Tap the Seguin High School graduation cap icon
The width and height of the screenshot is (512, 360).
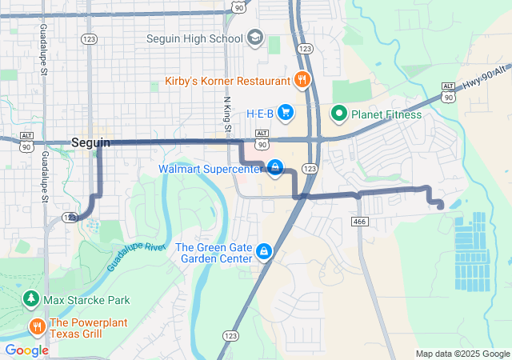click(254, 38)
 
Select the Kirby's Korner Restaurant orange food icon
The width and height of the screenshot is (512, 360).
click(302, 80)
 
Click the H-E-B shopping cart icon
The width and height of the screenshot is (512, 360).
click(286, 113)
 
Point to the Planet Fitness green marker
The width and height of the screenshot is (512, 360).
click(338, 114)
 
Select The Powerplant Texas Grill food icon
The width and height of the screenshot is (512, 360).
click(37, 326)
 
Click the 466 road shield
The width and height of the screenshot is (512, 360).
click(359, 222)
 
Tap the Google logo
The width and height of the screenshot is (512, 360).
click(26, 350)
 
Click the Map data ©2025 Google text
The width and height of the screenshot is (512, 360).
click(462, 354)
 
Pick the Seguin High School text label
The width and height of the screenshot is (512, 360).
click(194, 38)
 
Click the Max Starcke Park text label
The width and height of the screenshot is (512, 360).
click(86, 301)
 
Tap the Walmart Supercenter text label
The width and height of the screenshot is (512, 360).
click(210, 169)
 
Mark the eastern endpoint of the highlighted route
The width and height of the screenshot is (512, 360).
click(441, 206)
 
